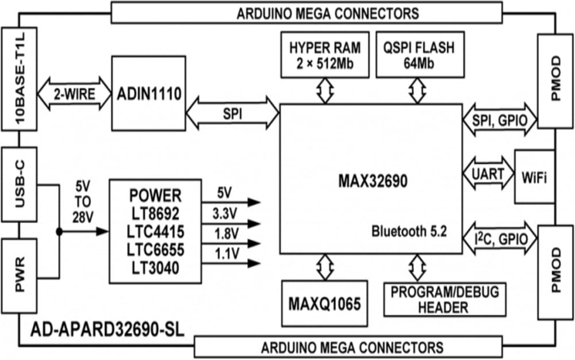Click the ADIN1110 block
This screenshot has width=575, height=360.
coord(148,93)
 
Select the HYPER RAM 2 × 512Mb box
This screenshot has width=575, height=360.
coord(325,55)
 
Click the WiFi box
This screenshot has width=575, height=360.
coord(534,177)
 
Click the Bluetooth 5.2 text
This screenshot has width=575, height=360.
coord(408,232)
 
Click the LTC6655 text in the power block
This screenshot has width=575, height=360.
coord(155,249)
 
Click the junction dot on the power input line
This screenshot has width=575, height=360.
coord(59,231)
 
